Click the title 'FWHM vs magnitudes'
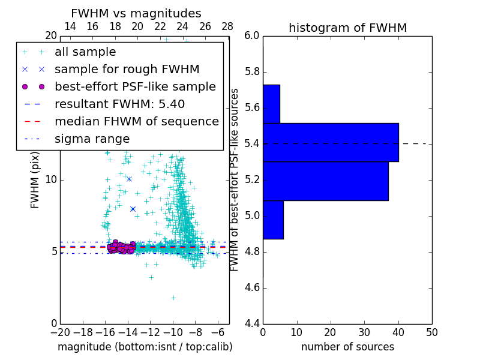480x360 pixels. [x=136, y=13]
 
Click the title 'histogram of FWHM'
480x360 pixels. [x=347, y=28]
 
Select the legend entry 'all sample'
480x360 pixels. [x=85, y=52]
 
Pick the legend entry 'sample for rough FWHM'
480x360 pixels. [x=127, y=70]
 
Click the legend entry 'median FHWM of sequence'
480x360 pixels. [x=136, y=121]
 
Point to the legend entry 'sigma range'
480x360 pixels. [x=92, y=139]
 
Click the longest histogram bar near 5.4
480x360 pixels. [x=331, y=142]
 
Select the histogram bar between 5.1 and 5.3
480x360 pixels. [x=325, y=181]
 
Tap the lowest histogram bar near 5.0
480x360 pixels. [x=273, y=220]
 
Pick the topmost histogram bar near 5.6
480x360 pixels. [x=271, y=104]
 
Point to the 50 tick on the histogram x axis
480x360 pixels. [x=431, y=332]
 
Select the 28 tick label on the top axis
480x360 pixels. [x=227, y=26]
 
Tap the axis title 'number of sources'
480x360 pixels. [x=347, y=347]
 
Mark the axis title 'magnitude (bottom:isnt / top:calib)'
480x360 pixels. [x=145, y=347]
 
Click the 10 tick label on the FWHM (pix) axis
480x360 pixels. [x=51, y=180]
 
